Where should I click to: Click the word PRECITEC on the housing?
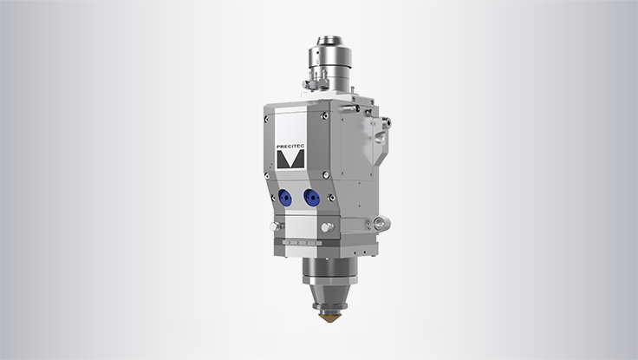[x=290, y=147]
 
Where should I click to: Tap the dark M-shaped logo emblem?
[x=290, y=160]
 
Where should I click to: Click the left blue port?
[x=286, y=198]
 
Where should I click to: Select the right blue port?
[x=312, y=198]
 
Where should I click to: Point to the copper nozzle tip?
[x=329, y=316]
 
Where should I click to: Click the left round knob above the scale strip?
[x=275, y=226]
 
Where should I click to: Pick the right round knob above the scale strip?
[x=328, y=227]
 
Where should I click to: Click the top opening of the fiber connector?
[x=330, y=40]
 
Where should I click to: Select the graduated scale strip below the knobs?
[x=299, y=243]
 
